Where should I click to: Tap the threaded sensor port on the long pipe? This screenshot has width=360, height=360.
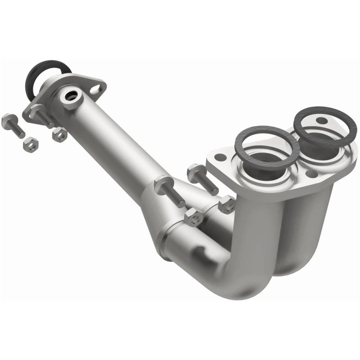(x=71, y=95)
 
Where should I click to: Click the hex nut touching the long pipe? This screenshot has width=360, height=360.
(x=59, y=134)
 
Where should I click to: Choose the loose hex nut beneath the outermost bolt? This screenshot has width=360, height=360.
(x=31, y=144)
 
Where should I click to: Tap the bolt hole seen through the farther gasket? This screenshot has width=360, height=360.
(x=320, y=121)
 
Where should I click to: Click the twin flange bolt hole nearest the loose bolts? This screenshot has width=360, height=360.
(x=220, y=157)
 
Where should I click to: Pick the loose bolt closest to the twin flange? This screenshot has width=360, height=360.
(x=202, y=178)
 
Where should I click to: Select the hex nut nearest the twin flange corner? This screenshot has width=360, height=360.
(x=226, y=205)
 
